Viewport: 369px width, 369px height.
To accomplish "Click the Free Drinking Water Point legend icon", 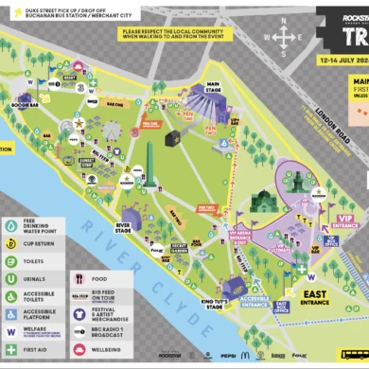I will (12, 200).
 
